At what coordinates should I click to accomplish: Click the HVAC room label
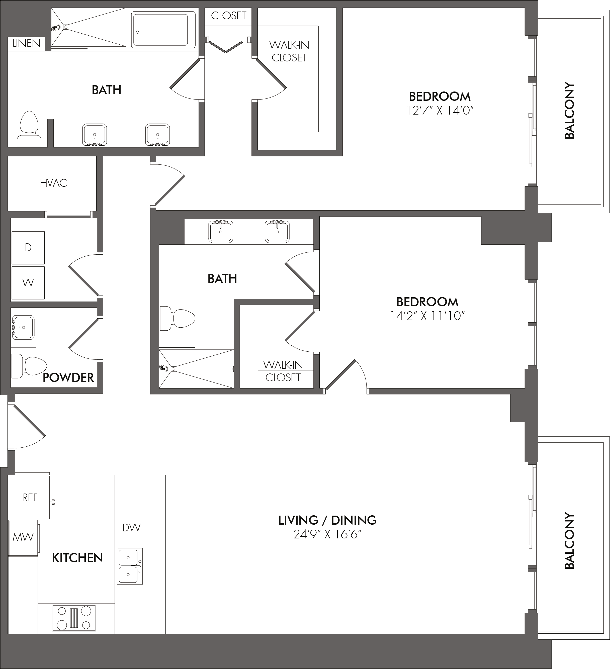click(53, 183)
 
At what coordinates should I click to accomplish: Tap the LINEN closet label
click(27, 43)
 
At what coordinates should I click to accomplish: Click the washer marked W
click(28, 283)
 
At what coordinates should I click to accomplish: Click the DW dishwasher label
click(131, 528)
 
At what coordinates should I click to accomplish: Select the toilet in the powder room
click(29, 366)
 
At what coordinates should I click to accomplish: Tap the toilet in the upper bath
click(29, 129)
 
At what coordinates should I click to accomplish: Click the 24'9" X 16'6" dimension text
click(327, 535)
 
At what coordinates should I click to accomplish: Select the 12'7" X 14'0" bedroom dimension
click(440, 110)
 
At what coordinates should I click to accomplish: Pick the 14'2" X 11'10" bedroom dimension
click(427, 316)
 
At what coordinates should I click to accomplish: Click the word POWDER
click(68, 378)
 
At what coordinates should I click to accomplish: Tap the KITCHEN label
click(77, 558)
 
